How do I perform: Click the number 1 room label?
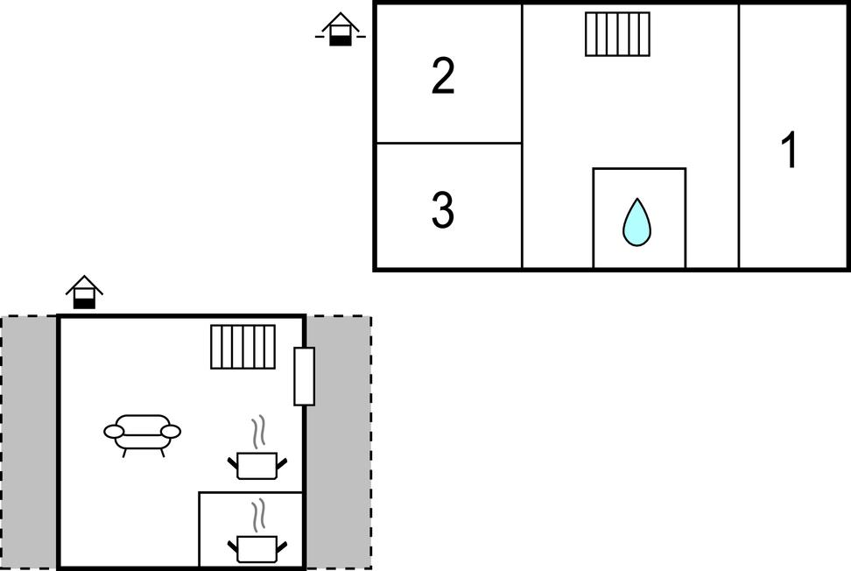[x=790, y=151]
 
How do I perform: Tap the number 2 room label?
[x=443, y=77]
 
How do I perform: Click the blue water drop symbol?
[x=636, y=222]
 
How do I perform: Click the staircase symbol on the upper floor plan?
[x=618, y=34]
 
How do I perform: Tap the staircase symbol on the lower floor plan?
[x=243, y=347]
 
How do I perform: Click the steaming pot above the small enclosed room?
[x=257, y=463]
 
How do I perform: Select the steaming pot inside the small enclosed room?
[x=257, y=546]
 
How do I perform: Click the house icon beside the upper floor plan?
[x=340, y=29]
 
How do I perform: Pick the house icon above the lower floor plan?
[x=84, y=293]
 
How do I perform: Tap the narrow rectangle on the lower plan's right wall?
[x=304, y=376]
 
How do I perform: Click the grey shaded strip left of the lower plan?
[x=30, y=442]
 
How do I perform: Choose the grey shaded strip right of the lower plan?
[x=337, y=442]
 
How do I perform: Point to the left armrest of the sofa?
[x=115, y=431]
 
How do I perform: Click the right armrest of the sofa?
[x=171, y=431]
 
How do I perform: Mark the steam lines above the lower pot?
[x=257, y=516]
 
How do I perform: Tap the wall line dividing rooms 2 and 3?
[x=448, y=143]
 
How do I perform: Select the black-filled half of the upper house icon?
[x=340, y=39]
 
